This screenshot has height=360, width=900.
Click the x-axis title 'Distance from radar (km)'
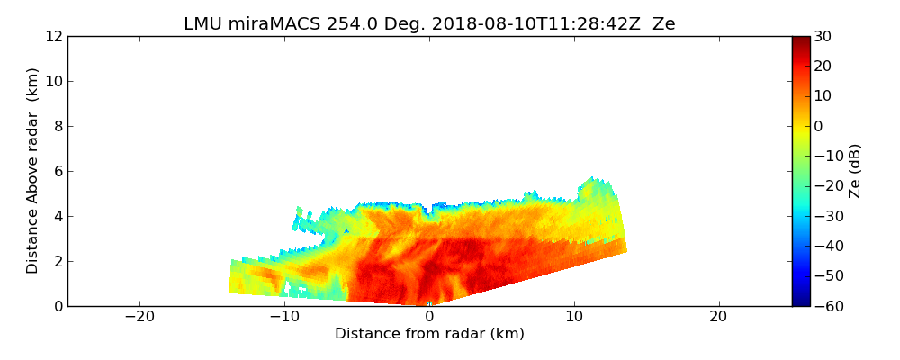429,334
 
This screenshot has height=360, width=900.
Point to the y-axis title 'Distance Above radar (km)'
33,171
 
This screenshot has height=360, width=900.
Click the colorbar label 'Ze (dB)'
855,171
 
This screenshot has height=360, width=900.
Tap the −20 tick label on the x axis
139,317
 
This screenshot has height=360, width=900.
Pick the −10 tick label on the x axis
284,317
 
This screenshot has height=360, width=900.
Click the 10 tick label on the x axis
574,317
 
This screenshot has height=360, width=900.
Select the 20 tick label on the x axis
718,317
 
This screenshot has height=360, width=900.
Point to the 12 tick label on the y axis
53,36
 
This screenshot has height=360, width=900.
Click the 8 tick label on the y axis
57,126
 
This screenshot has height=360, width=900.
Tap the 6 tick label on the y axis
57,171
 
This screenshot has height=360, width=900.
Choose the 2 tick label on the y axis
57,261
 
